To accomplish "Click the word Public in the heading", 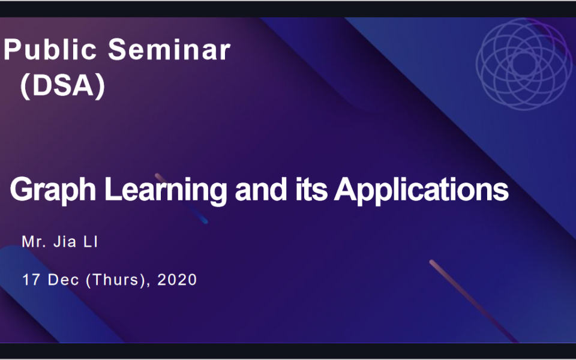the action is [x=50, y=50].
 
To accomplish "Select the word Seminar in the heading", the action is [x=169, y=50].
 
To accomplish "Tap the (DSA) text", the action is [x=63, y=86].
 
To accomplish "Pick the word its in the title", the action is [x=311, y=190].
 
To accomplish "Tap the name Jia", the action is [x=65, y=242].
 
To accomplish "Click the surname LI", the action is [x=91, y=242].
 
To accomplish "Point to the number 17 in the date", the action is [x=31, y=280].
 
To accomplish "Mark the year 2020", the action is [x=177, y=280].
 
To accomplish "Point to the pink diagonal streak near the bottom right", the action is [x=473, y=301].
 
